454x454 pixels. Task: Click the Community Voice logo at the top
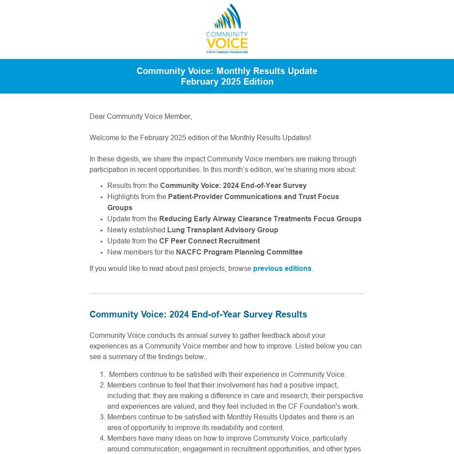pos(227,29)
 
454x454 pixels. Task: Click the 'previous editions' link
pos(282,269)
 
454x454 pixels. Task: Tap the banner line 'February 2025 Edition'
pos(227,82)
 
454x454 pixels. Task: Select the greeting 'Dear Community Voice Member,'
pos(141,117)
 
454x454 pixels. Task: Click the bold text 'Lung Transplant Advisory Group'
pos(223,230)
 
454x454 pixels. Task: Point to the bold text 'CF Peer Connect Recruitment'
pos(209,241)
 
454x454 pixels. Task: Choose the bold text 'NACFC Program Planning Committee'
pos(239,252)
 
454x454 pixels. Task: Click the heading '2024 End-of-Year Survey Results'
pos(198,314)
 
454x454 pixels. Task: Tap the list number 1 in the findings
pos(102,375)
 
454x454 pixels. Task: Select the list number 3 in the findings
pos(102,417)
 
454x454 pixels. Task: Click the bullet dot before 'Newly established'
pos(102,231)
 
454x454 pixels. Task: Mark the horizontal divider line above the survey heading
pos(227,294)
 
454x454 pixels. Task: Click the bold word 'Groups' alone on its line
pos(120,208)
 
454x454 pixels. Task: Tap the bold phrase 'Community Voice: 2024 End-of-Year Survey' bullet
pos(233,186)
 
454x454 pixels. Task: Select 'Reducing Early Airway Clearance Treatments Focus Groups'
pos(260,219)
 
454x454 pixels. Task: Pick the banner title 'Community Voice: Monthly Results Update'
pos(227,71)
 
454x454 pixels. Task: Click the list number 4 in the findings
pos(102,438)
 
